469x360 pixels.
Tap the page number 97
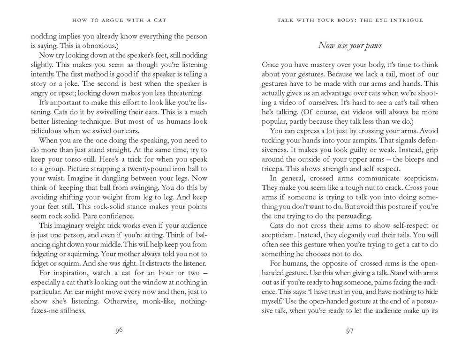tap(349, 331)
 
